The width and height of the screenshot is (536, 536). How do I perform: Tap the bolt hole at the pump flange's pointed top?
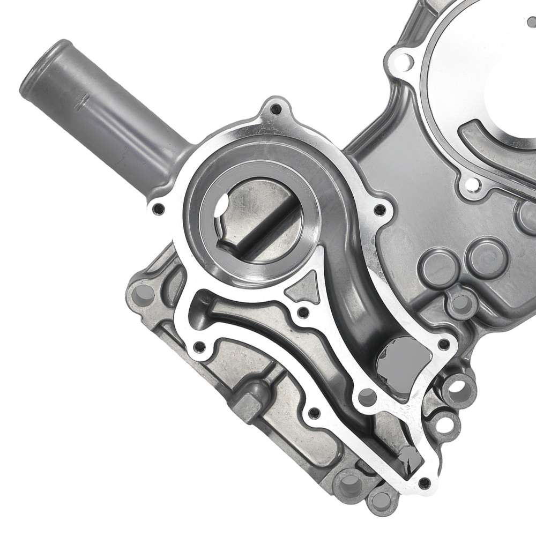(276, 110)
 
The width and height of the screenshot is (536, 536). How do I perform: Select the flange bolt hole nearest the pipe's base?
(157, 209)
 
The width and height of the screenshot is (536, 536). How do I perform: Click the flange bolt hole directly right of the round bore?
(379, 210)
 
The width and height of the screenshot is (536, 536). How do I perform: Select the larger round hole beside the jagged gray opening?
(367, 397)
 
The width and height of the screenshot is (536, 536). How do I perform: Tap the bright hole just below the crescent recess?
(472, 185)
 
